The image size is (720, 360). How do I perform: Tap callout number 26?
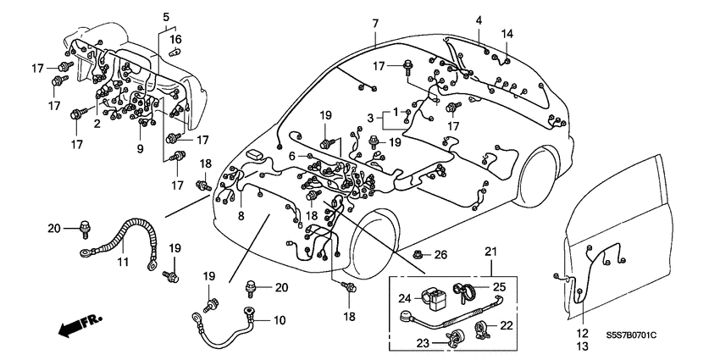(x=440, y=254)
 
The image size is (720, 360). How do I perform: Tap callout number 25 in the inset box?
(x=498, y=286)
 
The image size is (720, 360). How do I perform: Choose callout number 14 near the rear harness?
(x=507, y=34)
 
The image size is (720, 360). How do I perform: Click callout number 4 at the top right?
(x=479, y=19)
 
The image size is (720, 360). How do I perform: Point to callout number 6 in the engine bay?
(x=291, y=156)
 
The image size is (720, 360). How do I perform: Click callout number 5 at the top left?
(x=165, y=16)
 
